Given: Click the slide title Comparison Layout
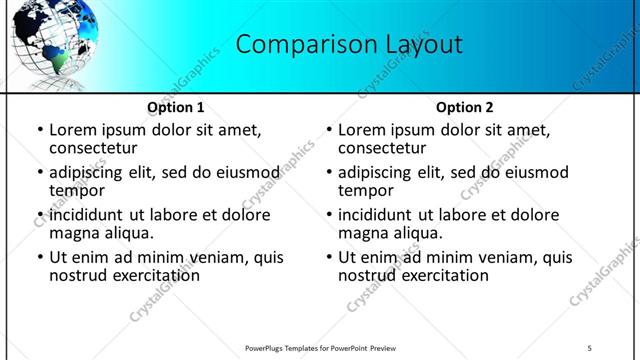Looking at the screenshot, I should [x=350, y=44].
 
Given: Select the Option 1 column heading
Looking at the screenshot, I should [x=176, y=107].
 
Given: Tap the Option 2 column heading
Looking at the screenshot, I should [x=465, y=107].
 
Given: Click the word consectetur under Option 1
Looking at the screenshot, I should [x=92, y=148].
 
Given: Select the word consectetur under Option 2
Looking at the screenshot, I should [x=381, y=148].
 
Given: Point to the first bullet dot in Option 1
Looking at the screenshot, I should [x=39, y=131].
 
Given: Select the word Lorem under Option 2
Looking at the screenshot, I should [x=362, y=130].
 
